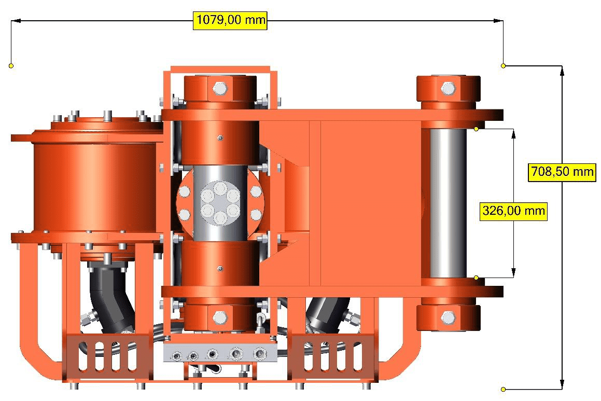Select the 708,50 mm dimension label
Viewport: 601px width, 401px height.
[x=562, y=172]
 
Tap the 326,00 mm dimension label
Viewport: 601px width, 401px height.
[x=513, y=211]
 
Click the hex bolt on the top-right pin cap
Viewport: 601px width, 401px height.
[x=448, y=89]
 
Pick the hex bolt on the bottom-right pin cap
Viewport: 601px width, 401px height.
[x=448, y=317]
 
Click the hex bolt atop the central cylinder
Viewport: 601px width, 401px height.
[x=220, y=89]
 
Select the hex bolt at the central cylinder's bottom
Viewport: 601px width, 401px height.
[x=220, y=317]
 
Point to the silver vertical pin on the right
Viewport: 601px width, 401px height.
[x=448, y=203]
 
